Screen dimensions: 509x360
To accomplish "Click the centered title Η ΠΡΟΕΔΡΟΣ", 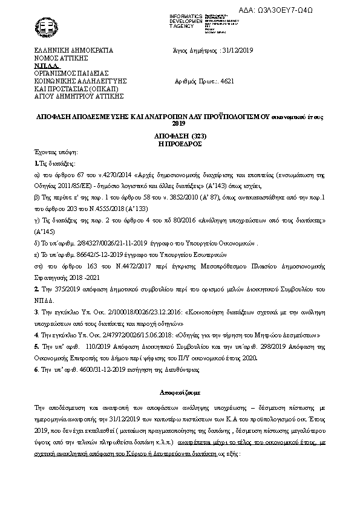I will [180, 144].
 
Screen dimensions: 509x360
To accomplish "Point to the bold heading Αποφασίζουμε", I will [180, 392].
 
